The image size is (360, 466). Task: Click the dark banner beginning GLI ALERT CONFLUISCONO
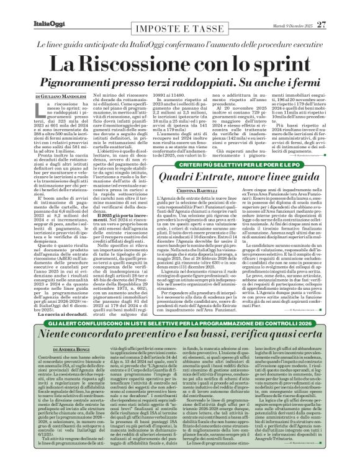click(179, 341)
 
